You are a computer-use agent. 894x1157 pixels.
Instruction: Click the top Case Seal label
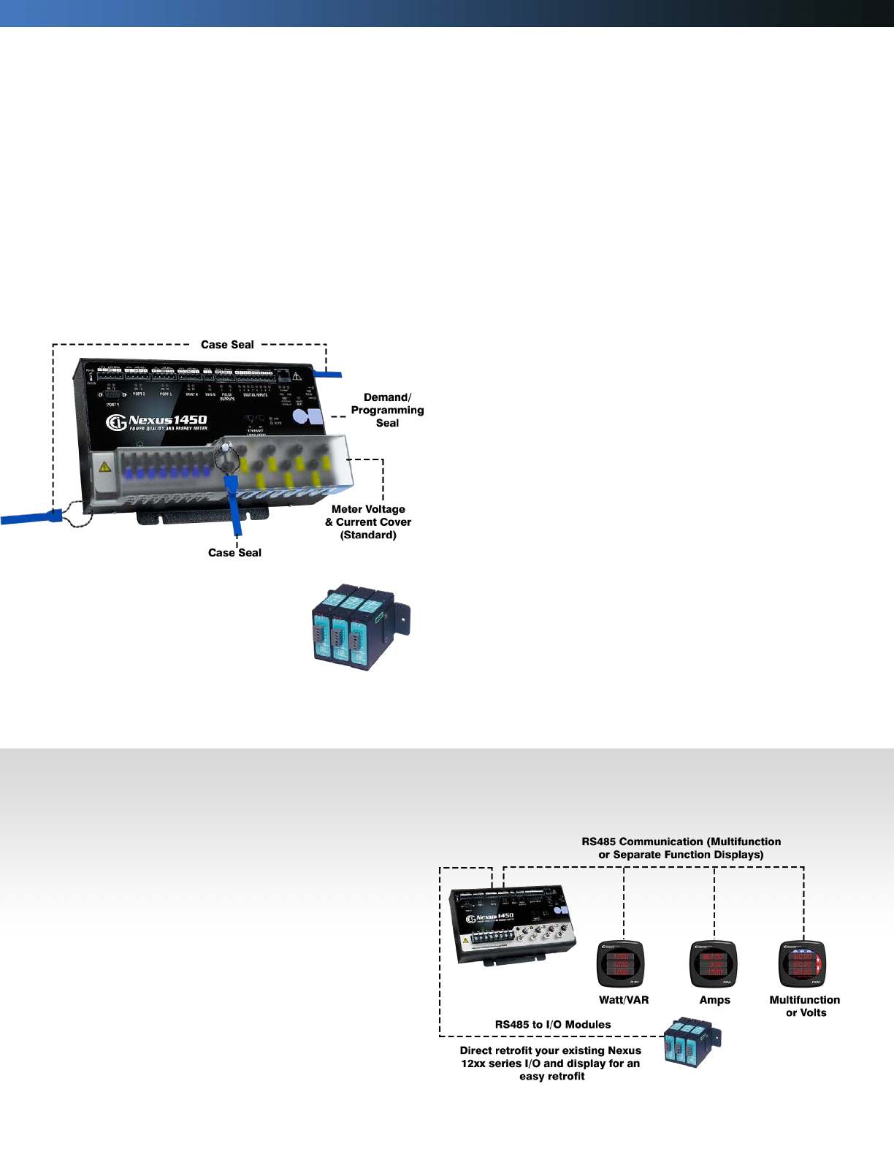(x=227, y=345)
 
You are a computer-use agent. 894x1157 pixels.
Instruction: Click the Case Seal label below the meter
(x=234, y=553)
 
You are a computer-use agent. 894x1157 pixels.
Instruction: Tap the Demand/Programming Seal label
(x=387, y=410)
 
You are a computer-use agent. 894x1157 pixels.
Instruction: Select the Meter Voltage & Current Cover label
(x=368, y=522)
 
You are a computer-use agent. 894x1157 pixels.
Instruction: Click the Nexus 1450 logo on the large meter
(x=157, y=421)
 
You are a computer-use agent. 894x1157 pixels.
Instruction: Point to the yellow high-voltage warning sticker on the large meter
(x=104, y=467)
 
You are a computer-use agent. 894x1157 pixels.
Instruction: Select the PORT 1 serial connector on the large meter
(x=113, y=395)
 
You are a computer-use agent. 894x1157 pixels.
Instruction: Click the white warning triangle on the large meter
(x=297, y=376)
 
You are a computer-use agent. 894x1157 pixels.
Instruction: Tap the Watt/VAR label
(x=624, y=1000)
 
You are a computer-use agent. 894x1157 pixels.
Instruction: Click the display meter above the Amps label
(x=713, y=963)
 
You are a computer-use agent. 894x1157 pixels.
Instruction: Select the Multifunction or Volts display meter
(x=803, y=963)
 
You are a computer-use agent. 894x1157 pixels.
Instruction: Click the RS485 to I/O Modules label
(x=553, y=1024)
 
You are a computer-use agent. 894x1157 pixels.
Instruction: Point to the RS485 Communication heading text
(x=681, y=848)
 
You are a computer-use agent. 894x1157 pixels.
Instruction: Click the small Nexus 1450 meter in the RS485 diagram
(x=511, y=925)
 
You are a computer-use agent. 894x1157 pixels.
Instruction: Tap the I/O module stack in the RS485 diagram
(x=691, y=1042)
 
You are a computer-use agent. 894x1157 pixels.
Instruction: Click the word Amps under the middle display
(x=714, y=1000)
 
